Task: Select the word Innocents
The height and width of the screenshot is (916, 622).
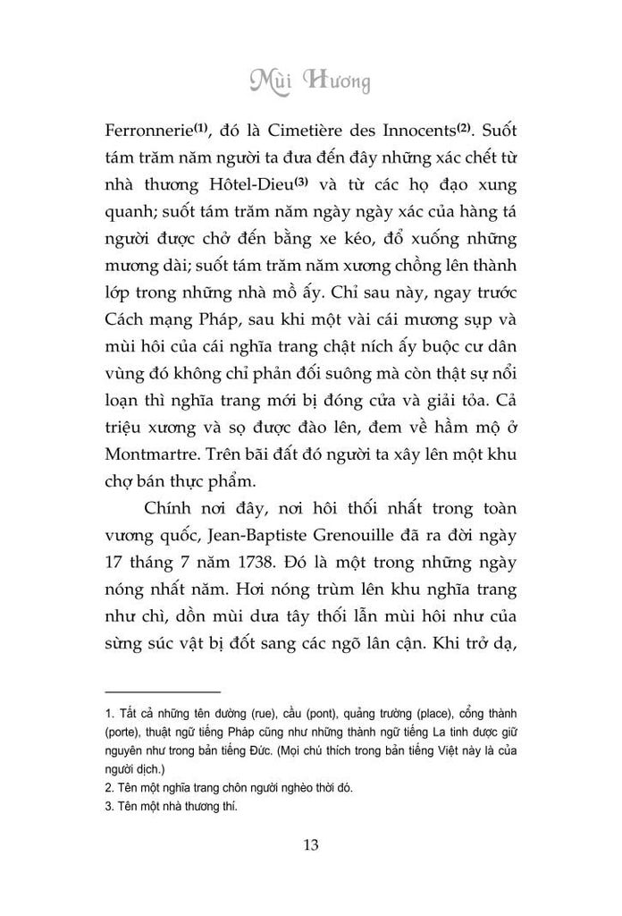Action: pyautogui.click(x=413, y=131)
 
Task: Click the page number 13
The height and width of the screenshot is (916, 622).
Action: pyautogui.click(x=311, y=844)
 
